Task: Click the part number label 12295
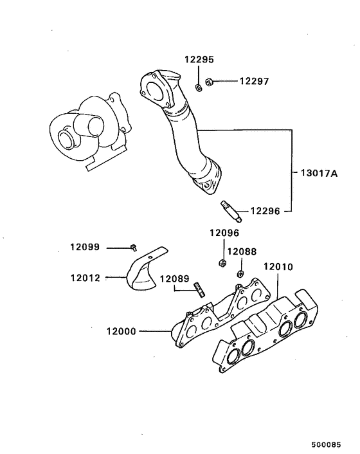pos(199,59)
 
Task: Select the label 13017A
pos(318,173)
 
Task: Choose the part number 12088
pos(241,251)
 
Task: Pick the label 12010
pos(277,266)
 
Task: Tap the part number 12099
pos(86,247)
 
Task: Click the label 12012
pos(86,278)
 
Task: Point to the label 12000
pos(122,332)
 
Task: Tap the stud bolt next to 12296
pos(227,208)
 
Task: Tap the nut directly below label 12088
pos(240,274)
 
